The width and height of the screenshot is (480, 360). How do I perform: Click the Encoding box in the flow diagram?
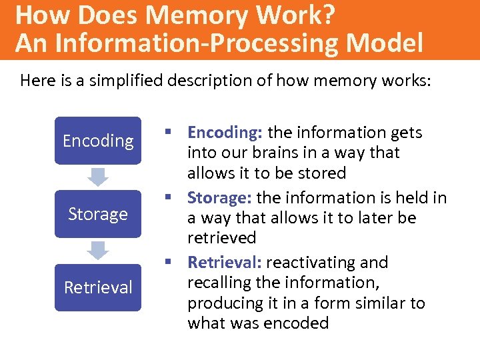98,141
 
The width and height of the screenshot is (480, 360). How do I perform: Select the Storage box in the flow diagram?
98,214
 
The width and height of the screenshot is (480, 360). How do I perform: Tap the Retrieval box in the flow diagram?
98,287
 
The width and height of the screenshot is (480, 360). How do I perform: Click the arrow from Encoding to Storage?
98,177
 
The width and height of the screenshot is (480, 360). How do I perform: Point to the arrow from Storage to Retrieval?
98,250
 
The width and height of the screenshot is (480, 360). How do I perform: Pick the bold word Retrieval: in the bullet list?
225,262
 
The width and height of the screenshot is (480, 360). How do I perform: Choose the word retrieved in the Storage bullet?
221,238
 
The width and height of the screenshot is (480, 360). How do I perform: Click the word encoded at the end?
295,323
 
